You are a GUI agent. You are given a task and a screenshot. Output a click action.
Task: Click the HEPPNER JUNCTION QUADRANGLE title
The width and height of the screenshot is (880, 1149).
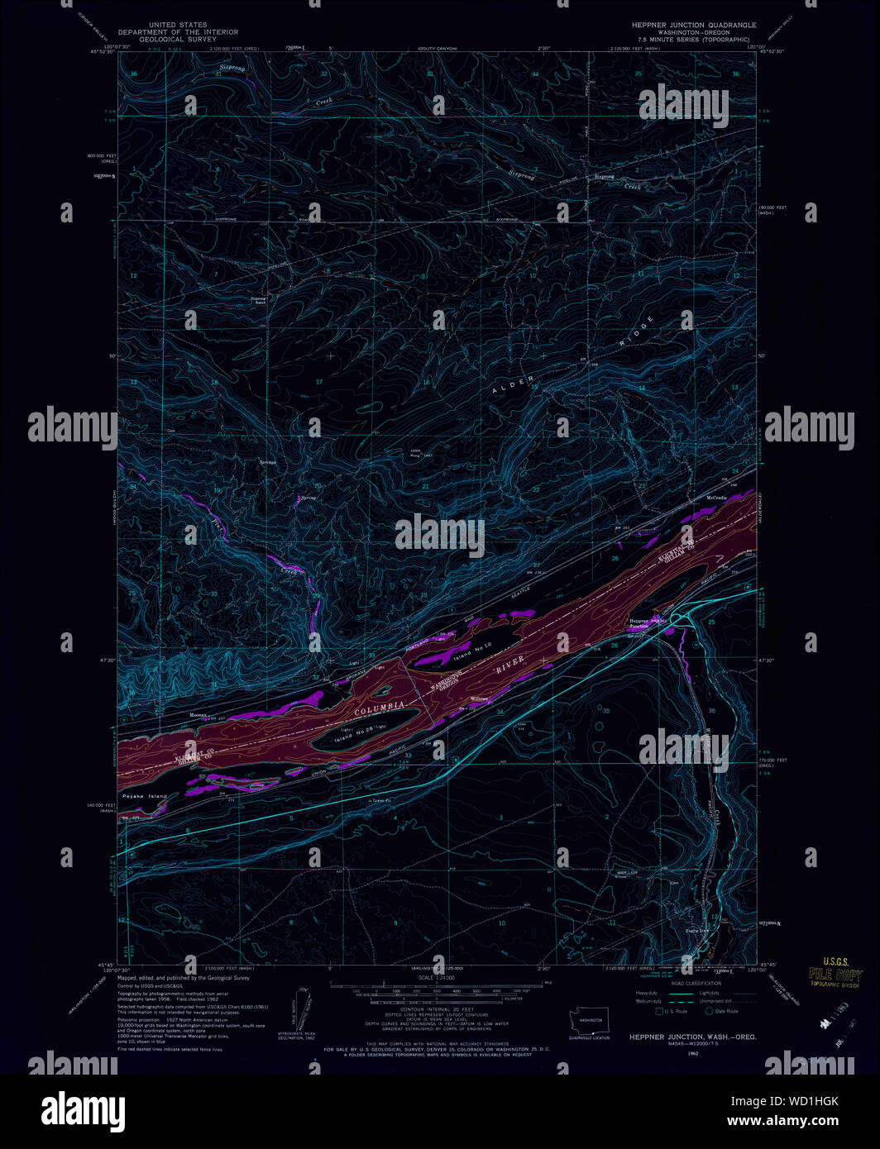point(694,26)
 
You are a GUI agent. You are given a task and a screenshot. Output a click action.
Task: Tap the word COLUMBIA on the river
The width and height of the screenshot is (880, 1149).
point(380,708)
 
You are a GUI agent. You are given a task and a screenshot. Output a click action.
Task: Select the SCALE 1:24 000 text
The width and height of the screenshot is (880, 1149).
point(438,977)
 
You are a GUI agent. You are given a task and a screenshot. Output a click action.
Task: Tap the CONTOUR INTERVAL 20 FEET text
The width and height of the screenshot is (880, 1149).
point(438,1010)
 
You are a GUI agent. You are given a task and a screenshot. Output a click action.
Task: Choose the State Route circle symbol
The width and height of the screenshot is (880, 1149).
point(709,1011)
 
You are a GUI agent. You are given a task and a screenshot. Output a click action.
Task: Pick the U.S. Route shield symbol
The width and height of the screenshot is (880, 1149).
point(659,1011)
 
